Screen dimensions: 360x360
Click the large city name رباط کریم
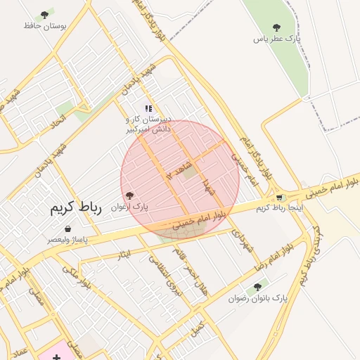point(76,207)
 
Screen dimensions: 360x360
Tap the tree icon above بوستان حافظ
point(45,15)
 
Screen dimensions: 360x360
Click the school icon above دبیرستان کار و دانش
point(148,108)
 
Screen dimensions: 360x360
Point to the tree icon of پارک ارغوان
point(128,195)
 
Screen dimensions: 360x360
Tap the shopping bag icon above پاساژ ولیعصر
point(67,229)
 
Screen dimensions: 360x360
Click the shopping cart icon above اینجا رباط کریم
point(280,198)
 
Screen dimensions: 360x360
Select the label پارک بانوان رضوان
point(258,298)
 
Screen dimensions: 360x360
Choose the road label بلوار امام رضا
point(269,261)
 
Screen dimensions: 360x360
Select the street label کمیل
point(198,328)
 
